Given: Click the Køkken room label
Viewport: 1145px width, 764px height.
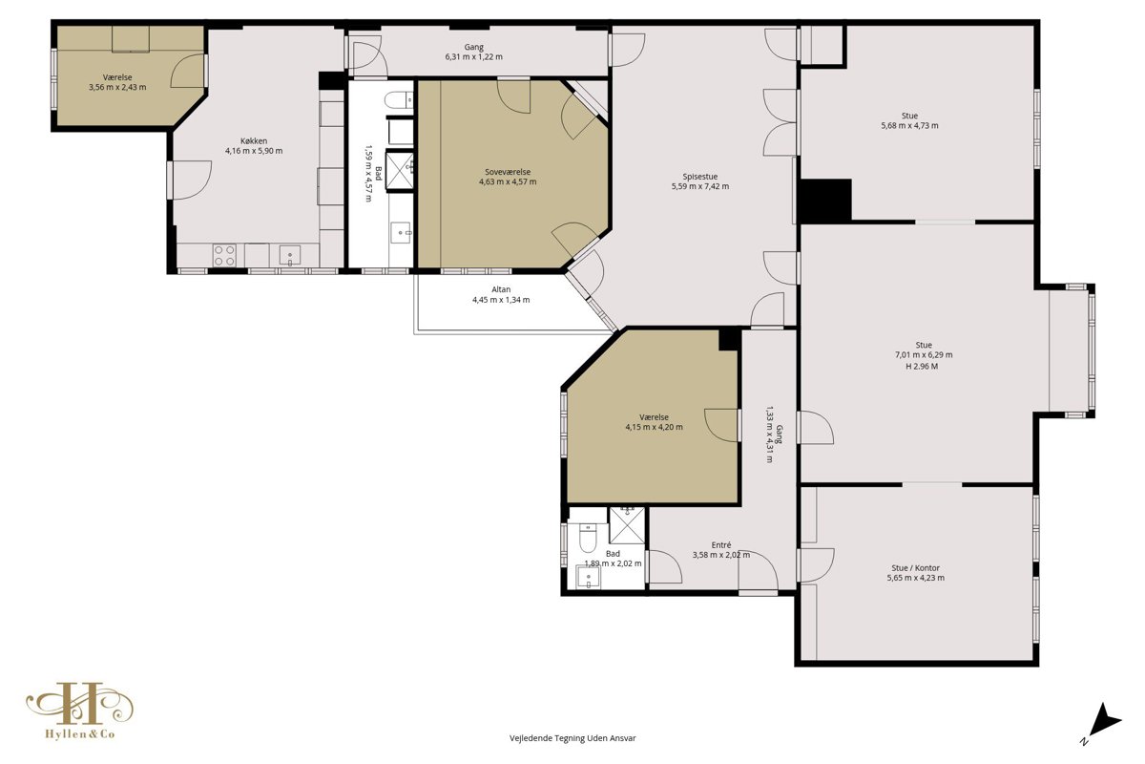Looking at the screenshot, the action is coord(254,140).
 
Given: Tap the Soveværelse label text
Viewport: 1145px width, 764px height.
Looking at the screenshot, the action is coord(508,172).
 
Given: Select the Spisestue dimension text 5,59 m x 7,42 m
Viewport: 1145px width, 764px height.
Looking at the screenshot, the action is coord(699,186).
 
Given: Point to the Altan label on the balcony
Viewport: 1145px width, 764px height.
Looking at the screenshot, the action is coord(501,289).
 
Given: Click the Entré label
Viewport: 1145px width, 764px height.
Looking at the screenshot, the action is coord(721,545).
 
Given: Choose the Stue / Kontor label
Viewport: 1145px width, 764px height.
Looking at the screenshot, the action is coord(915,568).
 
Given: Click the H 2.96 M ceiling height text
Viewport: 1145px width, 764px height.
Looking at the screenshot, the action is coord(922,367).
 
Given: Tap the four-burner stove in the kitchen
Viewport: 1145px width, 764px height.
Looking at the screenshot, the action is coord(224,255).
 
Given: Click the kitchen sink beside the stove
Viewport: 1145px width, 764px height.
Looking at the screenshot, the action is coord(289,255).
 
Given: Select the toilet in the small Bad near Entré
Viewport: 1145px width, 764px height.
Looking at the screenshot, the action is coord(588,539).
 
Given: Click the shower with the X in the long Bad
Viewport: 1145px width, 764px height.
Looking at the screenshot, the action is coord(399,171).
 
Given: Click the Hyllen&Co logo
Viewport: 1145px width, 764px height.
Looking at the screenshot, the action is coord(80,711).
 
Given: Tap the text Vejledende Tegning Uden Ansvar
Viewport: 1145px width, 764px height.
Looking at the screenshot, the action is coord(572,738).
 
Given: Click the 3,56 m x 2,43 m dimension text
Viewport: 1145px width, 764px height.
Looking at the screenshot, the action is coord(117,88).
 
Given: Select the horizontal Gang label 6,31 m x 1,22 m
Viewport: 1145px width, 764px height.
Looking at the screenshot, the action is coord(474,53).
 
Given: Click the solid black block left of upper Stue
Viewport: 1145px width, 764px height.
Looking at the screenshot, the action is coord(825,201).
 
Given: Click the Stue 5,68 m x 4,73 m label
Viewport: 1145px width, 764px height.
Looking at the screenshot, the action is coord(909,120).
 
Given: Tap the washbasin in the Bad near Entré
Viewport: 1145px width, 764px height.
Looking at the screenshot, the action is coord(589,577).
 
